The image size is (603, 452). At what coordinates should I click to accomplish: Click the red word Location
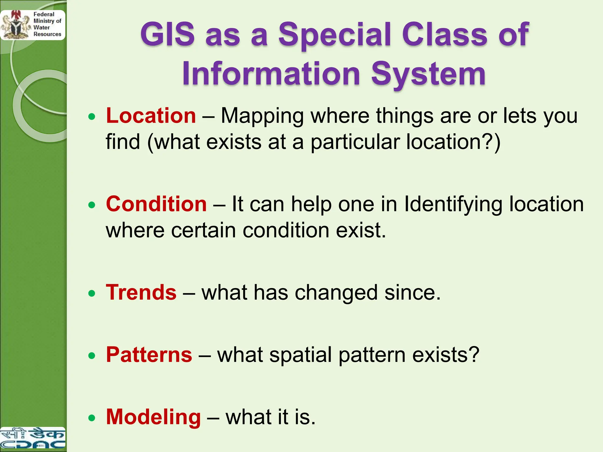tap(151, 116)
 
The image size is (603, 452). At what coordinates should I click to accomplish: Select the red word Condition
tap(156, 204)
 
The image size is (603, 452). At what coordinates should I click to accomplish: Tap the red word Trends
tap(141, 293)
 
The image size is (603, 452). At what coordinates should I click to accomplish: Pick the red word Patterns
tap(149, 355)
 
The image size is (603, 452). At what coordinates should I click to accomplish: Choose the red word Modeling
tap(153, 417)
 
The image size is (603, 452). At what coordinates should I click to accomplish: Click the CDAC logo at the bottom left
tap(32, 438)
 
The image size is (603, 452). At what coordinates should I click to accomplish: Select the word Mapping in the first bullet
tap(262, 116)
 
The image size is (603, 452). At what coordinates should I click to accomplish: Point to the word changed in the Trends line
tap(336, 293)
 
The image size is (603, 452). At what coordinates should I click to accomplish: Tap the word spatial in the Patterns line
tap(301, 355)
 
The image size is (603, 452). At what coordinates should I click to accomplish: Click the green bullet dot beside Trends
tap(92, 293)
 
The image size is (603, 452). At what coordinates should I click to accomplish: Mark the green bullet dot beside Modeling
tap(92, 418)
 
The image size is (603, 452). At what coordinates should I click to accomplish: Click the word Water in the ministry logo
tap(42, 27)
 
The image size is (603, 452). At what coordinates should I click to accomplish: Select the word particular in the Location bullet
tap(355, 142)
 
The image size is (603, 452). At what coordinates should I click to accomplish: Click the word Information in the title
tap(271, 74)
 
